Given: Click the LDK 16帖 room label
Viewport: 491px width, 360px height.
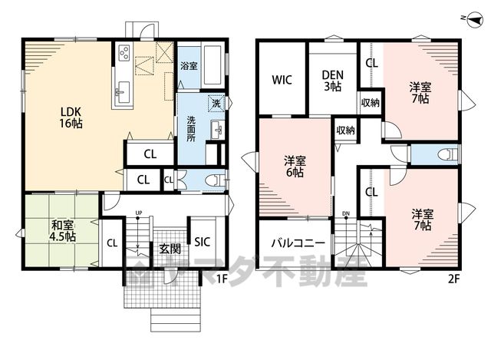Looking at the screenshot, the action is click(x=71, y=117).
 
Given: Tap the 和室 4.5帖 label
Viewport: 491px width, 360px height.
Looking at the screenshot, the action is click(x=63, y=230).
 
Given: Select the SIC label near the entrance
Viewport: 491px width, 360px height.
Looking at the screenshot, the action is click(x=203, y=242).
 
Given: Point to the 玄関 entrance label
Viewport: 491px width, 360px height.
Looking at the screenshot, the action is click(x=170, y=249).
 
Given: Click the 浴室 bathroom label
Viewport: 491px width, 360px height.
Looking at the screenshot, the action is click(x=189, y=66).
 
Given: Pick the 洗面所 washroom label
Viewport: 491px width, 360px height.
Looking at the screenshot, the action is click(x=191, y=129).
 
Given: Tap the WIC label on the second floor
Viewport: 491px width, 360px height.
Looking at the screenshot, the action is click(x=282, y=80).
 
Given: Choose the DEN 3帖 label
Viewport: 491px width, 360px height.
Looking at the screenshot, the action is click(x=332, y=81).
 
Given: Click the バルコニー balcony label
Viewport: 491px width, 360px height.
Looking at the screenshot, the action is click(x=298, y=243).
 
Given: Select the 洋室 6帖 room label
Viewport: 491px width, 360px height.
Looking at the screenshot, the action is click(x=295, y=167).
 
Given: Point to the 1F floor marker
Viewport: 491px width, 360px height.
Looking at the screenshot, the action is click(x=222, y=279).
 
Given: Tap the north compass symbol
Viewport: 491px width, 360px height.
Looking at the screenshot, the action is click(x=475, y=21).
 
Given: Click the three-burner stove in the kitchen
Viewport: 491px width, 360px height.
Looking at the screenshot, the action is click(x=124, y=52).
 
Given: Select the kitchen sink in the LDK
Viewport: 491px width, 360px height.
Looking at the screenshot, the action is click(x=124, y=92).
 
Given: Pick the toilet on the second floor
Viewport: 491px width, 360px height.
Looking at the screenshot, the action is click(x=448, y=154).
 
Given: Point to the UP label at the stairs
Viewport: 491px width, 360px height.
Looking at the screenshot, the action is click(x=139, y=213).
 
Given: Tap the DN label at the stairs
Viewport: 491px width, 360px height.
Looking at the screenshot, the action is click(x=346, y=213).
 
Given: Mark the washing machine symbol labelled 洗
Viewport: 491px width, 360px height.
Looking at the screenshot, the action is click(x=216, y=103).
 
